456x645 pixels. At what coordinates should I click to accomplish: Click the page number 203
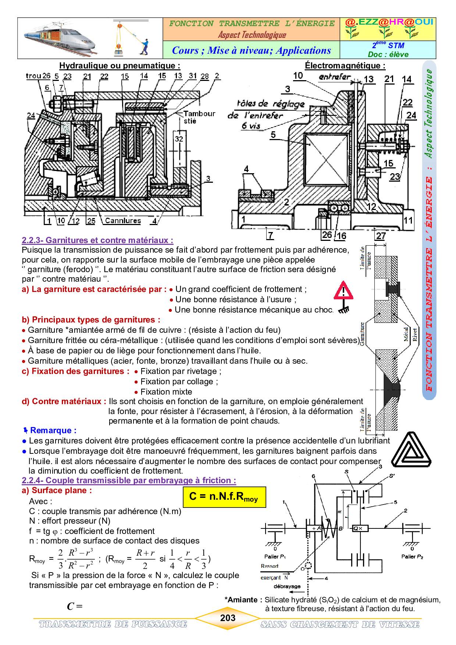coord(228,618)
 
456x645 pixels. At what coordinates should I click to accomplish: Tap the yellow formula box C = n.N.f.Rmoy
coord(224,497)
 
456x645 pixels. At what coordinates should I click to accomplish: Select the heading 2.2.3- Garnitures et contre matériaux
coord(97,240)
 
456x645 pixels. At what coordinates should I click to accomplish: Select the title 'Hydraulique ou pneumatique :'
coord(120,65)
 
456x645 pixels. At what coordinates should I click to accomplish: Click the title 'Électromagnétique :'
coord(345,65)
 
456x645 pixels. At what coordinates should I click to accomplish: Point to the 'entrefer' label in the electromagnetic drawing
coord(335,77)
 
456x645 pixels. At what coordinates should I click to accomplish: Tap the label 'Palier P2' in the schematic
coord(412,556)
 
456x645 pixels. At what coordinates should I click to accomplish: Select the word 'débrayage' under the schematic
coord(287,586)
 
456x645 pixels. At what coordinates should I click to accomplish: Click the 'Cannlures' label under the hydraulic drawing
coord(123,221)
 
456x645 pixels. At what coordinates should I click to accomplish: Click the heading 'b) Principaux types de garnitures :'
coord(91,320)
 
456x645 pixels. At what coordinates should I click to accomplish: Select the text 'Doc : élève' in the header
coord(388,54)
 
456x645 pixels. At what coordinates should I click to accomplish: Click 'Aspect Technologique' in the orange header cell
coord(252,35)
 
